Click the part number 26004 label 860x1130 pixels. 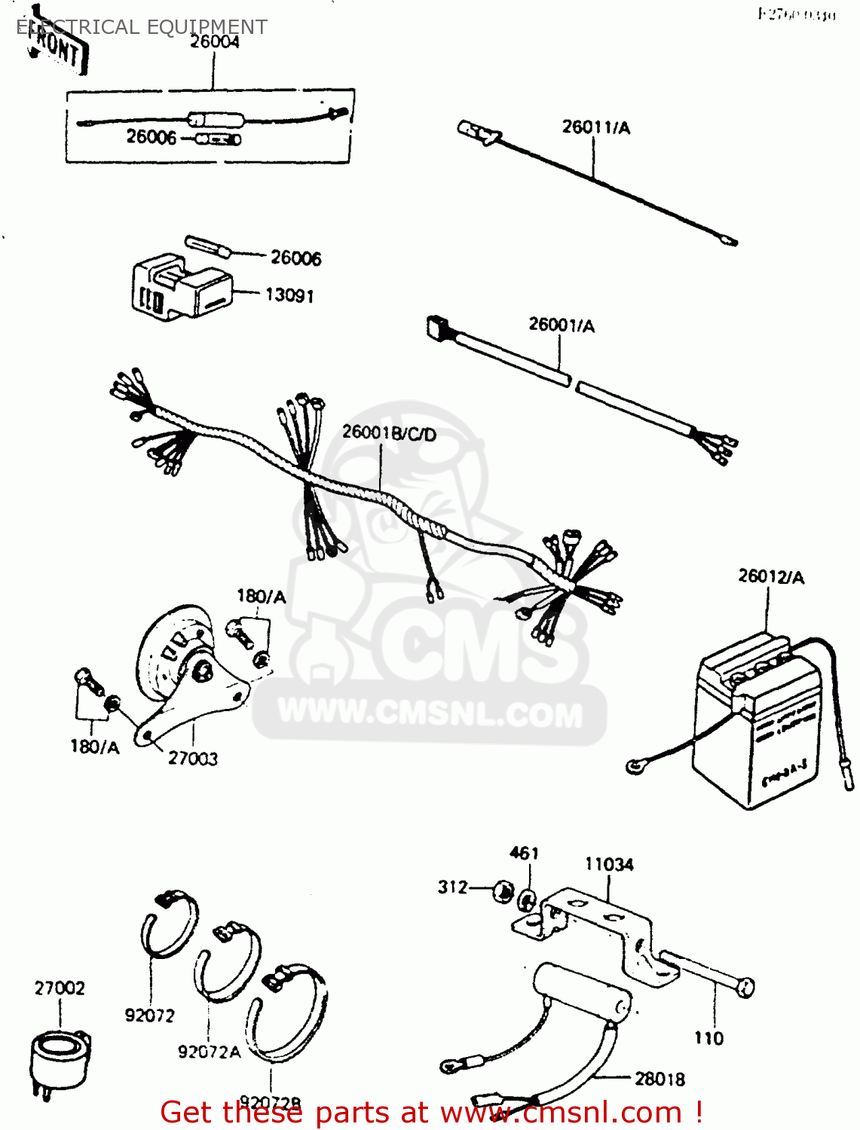coord(214,42)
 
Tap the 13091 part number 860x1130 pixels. coord(289,295)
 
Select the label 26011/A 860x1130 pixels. coord(595,127)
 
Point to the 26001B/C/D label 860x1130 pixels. coord(389,433)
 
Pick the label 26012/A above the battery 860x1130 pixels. coord(770,576)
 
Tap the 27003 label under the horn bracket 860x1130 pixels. coord(193,759)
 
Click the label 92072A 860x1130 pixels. coord(209,1052)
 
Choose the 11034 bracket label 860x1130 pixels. coord(609,864)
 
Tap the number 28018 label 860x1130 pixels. coord(660,1079)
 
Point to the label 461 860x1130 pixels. coord(524,853)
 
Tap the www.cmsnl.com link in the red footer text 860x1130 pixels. coord(561,1112)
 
